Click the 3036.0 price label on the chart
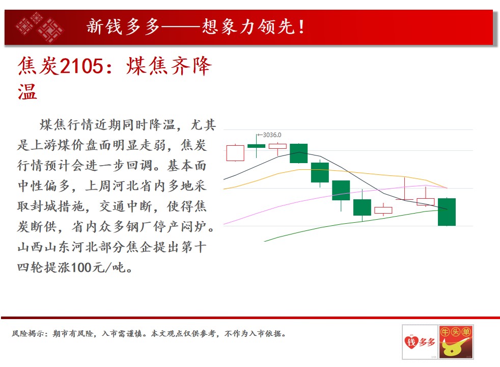[x=272, y=135]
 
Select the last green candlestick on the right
[x=447, y=212]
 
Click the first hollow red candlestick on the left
[x=235, y=153]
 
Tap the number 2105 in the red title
[x=81, y=66]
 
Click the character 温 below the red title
[x=27, y=92]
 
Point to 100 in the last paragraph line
[x=81, y=268]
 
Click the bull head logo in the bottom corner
[x=456, y=343]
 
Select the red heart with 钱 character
[x=411, y=342]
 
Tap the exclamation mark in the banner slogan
[x=301, y=27]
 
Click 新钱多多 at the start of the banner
[x=123, y=27]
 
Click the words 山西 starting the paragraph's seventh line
[x=31, y=247]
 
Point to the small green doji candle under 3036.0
[x=257, y=146]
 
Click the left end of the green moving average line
[x=265, y=241]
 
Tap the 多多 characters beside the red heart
[x=427, y=342]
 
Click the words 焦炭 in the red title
[x=38, y=66]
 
